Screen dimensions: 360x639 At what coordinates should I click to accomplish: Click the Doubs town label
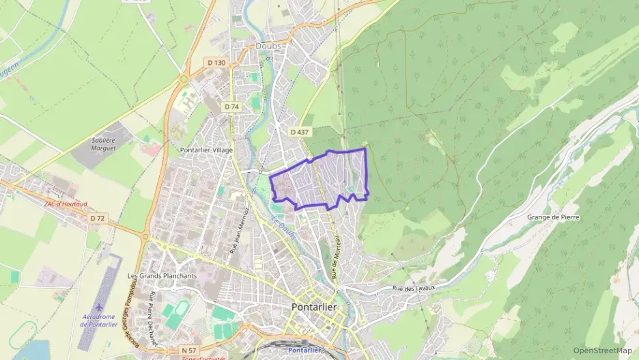click(x=269, y=46)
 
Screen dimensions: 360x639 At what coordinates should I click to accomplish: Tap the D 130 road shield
click(x=216, y=63)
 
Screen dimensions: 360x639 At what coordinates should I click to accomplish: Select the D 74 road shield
click(x=231, y=107)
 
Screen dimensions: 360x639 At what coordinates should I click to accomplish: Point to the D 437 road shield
click(x=298, y=132)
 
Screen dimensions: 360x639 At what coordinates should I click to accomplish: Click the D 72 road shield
click(x=98, y=218)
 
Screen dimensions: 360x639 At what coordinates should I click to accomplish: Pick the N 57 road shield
click(x=189, y=350)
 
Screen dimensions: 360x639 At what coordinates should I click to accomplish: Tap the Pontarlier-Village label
click(x=205, y=150)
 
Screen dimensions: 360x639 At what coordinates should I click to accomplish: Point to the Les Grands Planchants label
click(x=162, y=276)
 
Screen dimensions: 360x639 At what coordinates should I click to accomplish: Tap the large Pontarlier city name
click(x=314, y=307)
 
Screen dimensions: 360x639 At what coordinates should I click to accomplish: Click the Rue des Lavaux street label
click(x=414, y=289)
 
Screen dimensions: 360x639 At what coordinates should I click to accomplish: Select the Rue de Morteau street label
click(x=336, y=258)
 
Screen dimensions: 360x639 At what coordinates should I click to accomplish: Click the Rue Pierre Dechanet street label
click(x=154, y=319)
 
